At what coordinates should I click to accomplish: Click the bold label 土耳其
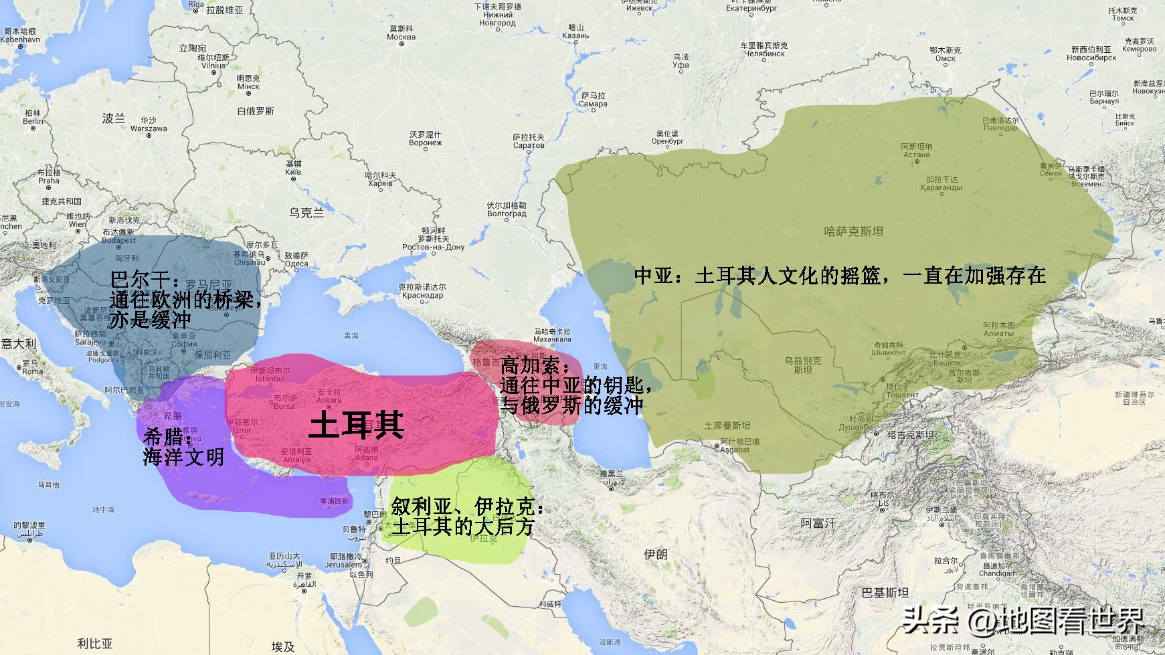(357, 424)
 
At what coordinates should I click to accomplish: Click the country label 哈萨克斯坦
(853, 231)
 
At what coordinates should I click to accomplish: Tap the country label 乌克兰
(306, 213)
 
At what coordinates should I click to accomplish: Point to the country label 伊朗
(655, 554)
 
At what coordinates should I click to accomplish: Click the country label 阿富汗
(818, 523)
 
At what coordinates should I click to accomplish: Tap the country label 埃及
(282, 646)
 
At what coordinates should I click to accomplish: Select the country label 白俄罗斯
(256, 111)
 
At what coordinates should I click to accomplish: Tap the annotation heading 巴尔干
(145, 279)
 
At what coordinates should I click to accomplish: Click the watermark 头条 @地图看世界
(1024, 620)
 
